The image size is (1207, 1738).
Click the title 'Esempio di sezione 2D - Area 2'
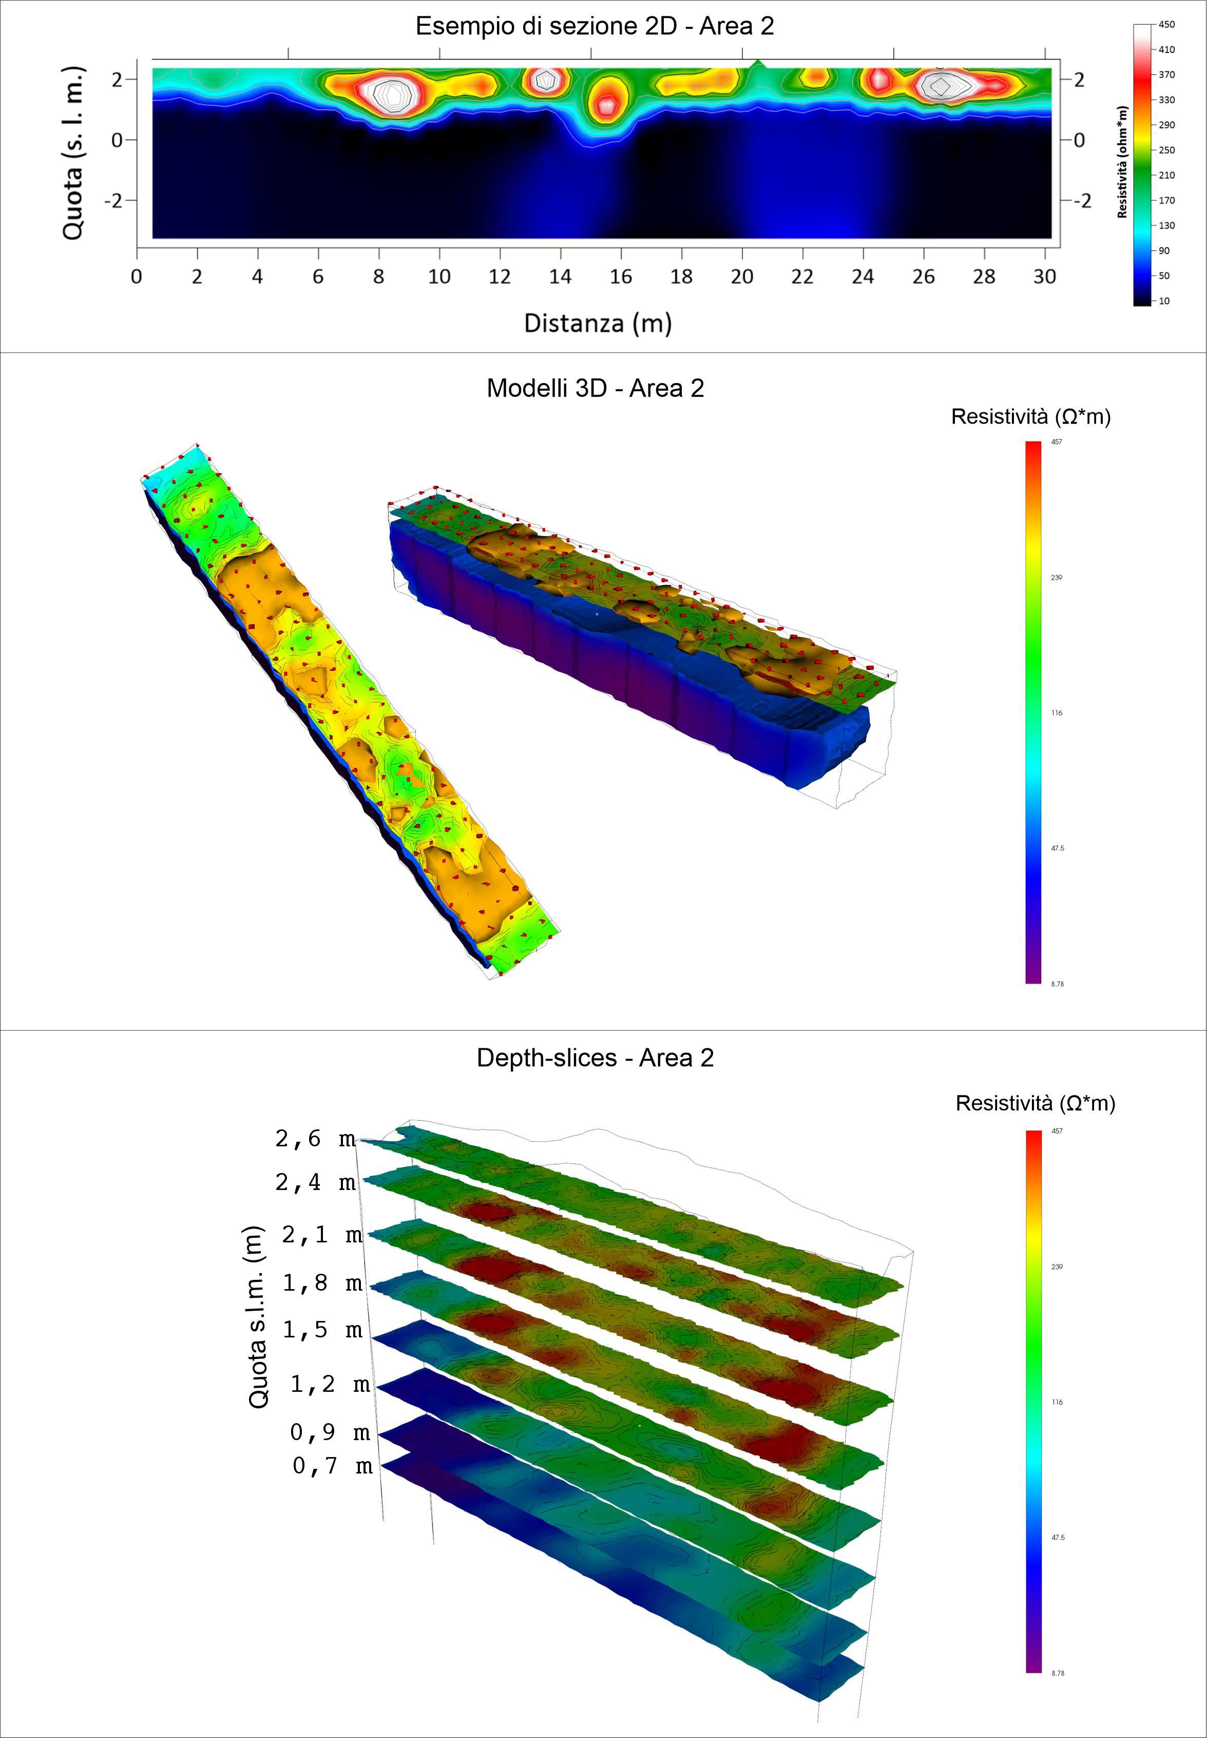[x=595, y=27]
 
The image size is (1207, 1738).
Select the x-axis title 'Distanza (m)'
[x=598, y=323]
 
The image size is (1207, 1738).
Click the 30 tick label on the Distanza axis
[x=1044, y=277]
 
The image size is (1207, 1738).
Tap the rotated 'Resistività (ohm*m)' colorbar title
[x=1122, y=162]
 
